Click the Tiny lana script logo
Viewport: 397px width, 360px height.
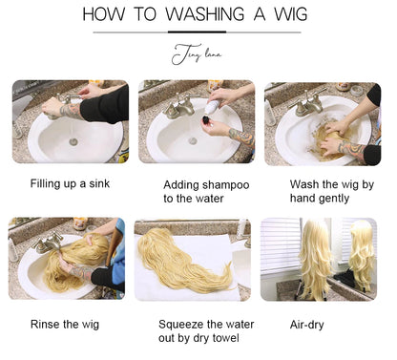(198, 55)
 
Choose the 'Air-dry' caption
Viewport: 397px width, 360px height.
(306, 324)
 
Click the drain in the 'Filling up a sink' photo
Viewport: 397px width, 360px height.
(73, 141)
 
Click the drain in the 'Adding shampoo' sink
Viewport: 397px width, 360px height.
(193, 140)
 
